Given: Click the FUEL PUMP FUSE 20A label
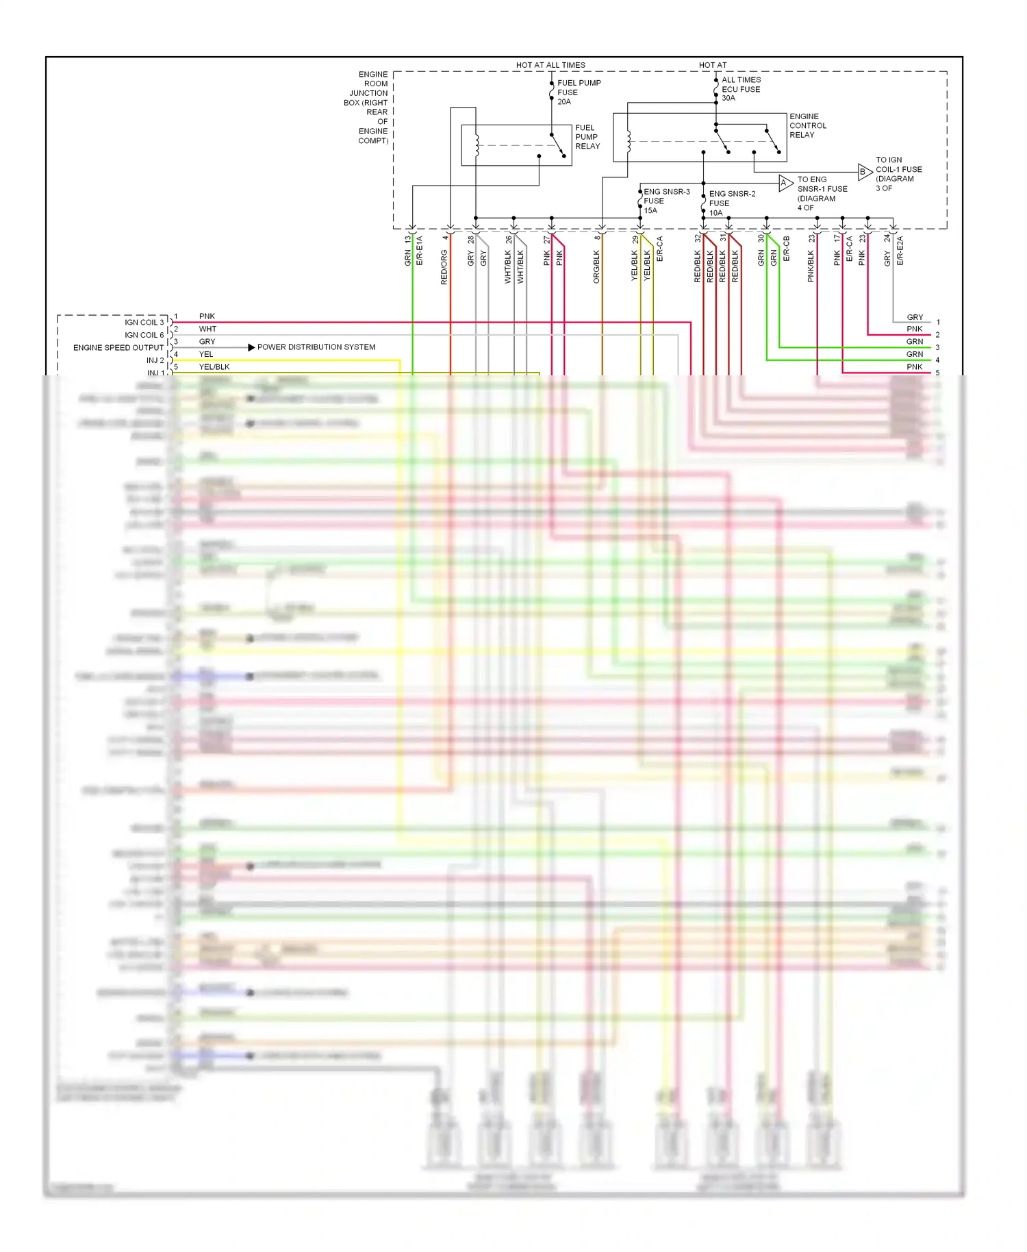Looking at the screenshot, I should [x=579, y=92].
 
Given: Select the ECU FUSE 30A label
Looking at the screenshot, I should [x=740, y=89].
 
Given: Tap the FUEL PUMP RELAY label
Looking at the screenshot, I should [x=587, y=137].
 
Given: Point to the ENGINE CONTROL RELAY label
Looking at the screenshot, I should [x=808, y=126].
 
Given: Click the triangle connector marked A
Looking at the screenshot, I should [x=785, y=183].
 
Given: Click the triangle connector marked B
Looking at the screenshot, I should [x=864, y=172].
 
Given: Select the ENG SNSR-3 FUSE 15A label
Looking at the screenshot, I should [x=665, y=201].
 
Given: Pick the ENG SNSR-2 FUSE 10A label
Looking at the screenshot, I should [x=731, y=203].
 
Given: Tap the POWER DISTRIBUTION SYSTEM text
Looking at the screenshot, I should [x=316, y=347].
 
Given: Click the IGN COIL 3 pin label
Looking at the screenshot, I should [x=144, y=323].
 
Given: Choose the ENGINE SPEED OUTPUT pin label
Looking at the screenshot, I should [x=118, y=348].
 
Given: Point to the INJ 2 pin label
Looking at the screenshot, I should [x=155, y=360].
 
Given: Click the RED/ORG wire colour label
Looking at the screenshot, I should [x=444, y=267].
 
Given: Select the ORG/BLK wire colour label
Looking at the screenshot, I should [x=596, y=266].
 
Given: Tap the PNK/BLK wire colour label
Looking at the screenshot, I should [x=811, y=266].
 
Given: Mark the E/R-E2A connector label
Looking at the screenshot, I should [x=900, y=251].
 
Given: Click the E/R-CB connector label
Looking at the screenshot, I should [x=786, y=249].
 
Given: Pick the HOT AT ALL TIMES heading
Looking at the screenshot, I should [x=550, y=65].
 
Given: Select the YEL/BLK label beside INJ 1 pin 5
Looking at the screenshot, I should [x=214, y=367].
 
